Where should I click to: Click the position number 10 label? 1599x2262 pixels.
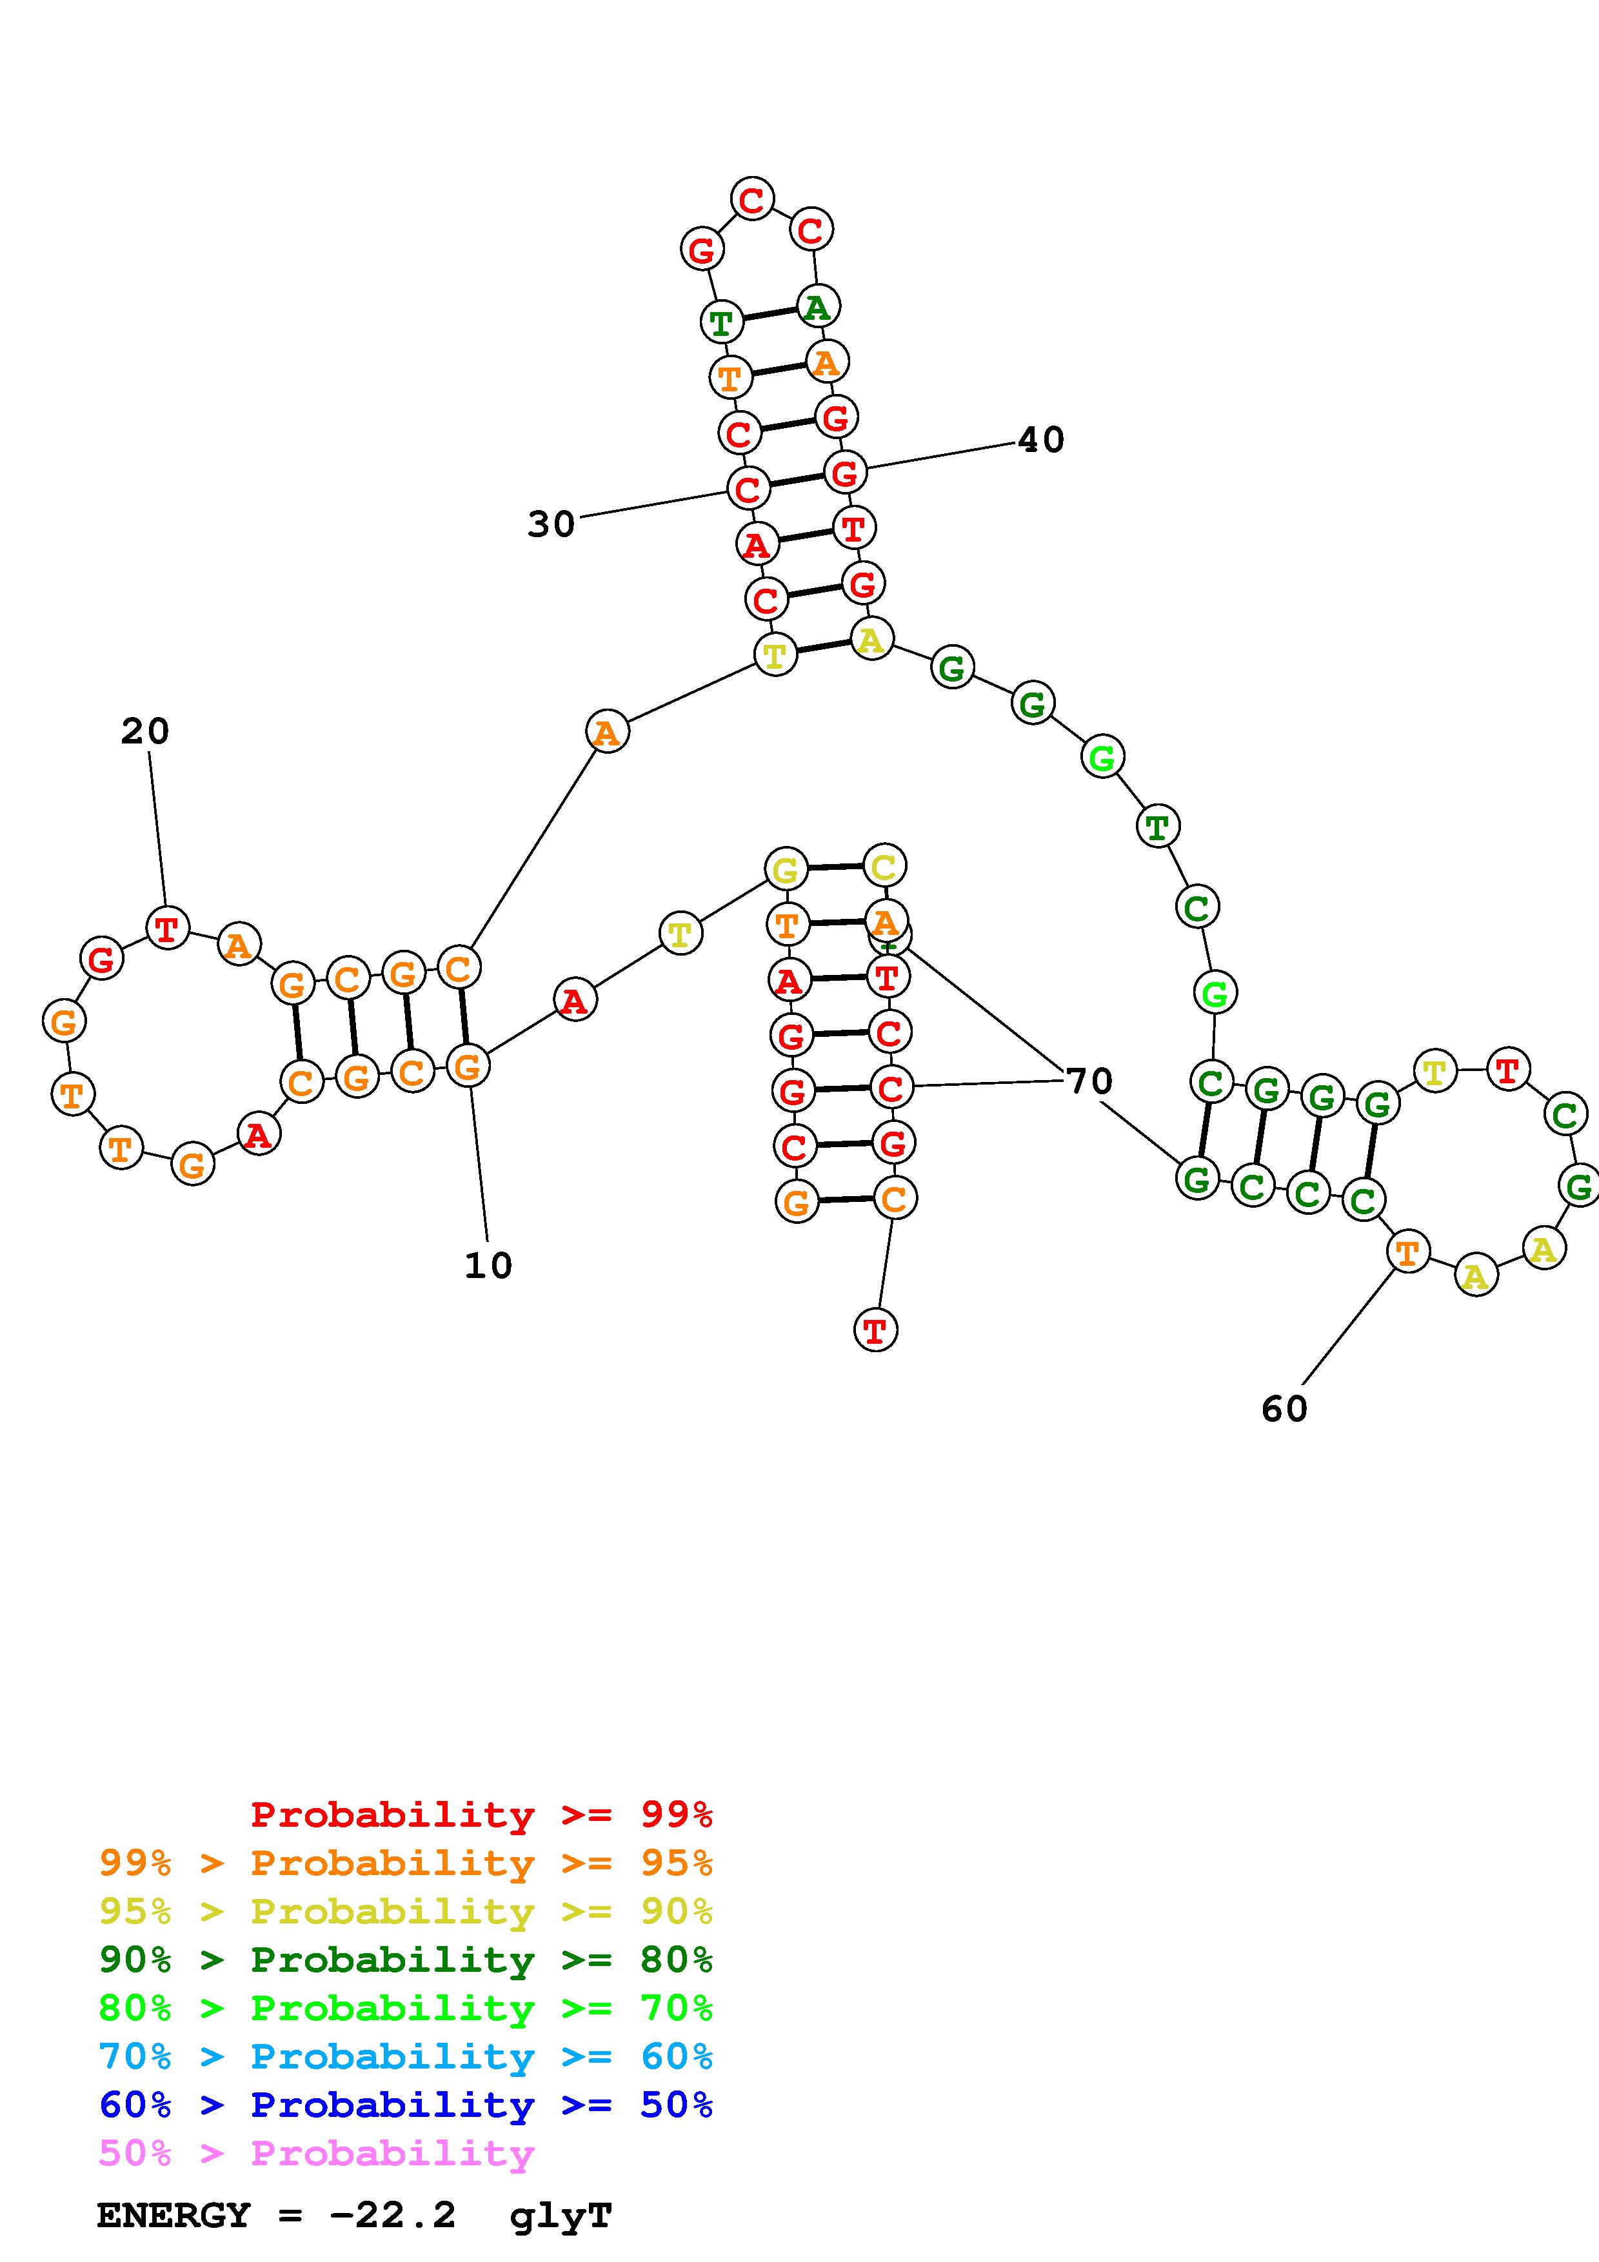(488, 1266)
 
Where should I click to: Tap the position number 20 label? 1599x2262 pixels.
(145, 731)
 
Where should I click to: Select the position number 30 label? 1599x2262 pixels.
(551, 524)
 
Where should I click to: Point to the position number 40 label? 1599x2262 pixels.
(1040, 439)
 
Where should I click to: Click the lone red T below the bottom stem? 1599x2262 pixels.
(875, 1331)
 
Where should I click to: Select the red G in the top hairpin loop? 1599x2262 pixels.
(702, 250)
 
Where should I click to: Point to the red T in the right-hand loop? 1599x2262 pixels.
(1507, 1069)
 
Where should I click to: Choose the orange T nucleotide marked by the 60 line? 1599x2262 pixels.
(1407, 1253)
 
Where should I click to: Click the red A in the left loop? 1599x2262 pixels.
(258, 1135)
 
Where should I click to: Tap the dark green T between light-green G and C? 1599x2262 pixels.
(1158, 825)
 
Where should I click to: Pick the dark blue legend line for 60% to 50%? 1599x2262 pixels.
(406, 2105)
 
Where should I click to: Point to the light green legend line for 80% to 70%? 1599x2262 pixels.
(406, 2009)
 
